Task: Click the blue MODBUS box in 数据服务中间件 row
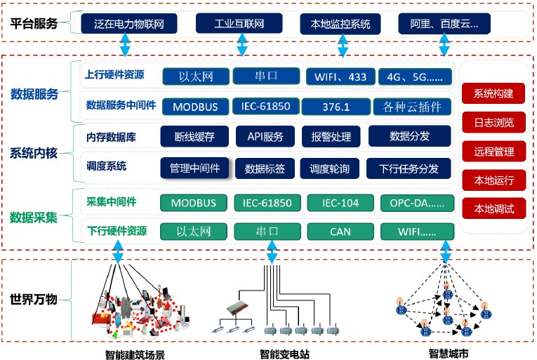coord(194,107)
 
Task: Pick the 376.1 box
coord(335,107)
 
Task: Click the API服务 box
coord(265,137)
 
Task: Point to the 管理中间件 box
coord(194,168)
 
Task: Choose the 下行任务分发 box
coord(409,168)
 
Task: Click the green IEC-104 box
coord(340,203)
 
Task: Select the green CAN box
coord(340,231)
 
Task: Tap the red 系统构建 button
coord(493,93)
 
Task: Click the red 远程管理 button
coord(493,151)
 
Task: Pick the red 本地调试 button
coord(493,208)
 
